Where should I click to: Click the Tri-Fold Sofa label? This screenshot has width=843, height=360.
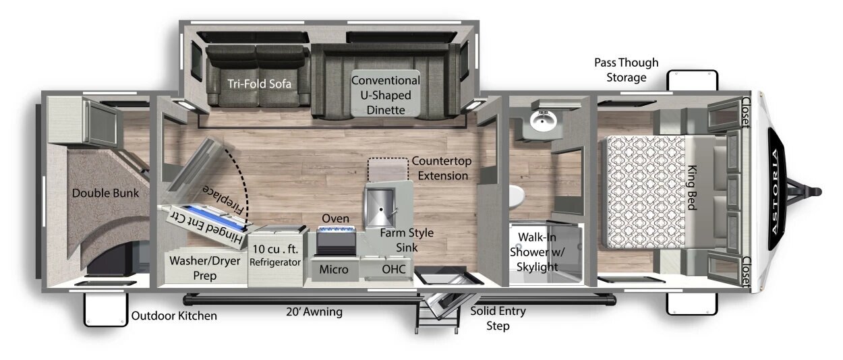coord(259,84)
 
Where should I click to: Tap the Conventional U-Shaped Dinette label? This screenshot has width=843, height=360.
coord(386,95)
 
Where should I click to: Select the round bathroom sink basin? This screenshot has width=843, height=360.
coord(543,121)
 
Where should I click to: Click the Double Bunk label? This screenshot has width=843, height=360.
coord(105,193)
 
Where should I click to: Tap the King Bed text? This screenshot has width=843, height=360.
coord(693,187)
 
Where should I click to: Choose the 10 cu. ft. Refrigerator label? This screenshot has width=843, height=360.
coord(275,255)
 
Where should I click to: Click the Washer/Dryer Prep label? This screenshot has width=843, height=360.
coord(205,268)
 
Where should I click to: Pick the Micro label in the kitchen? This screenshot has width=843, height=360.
coord(334,270)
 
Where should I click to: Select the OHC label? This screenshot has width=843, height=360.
coord(394,269)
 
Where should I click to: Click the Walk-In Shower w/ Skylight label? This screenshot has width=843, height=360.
coord(537,251)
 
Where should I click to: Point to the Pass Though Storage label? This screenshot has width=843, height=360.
coord(627,70)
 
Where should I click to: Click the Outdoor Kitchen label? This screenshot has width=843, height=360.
coord(174,316)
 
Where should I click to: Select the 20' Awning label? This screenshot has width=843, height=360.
coord(314,311)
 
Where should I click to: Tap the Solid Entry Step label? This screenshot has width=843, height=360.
coord(498,318)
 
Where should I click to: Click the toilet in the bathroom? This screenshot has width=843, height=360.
coord(517,196)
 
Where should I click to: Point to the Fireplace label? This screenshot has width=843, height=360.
coord(224,200)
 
